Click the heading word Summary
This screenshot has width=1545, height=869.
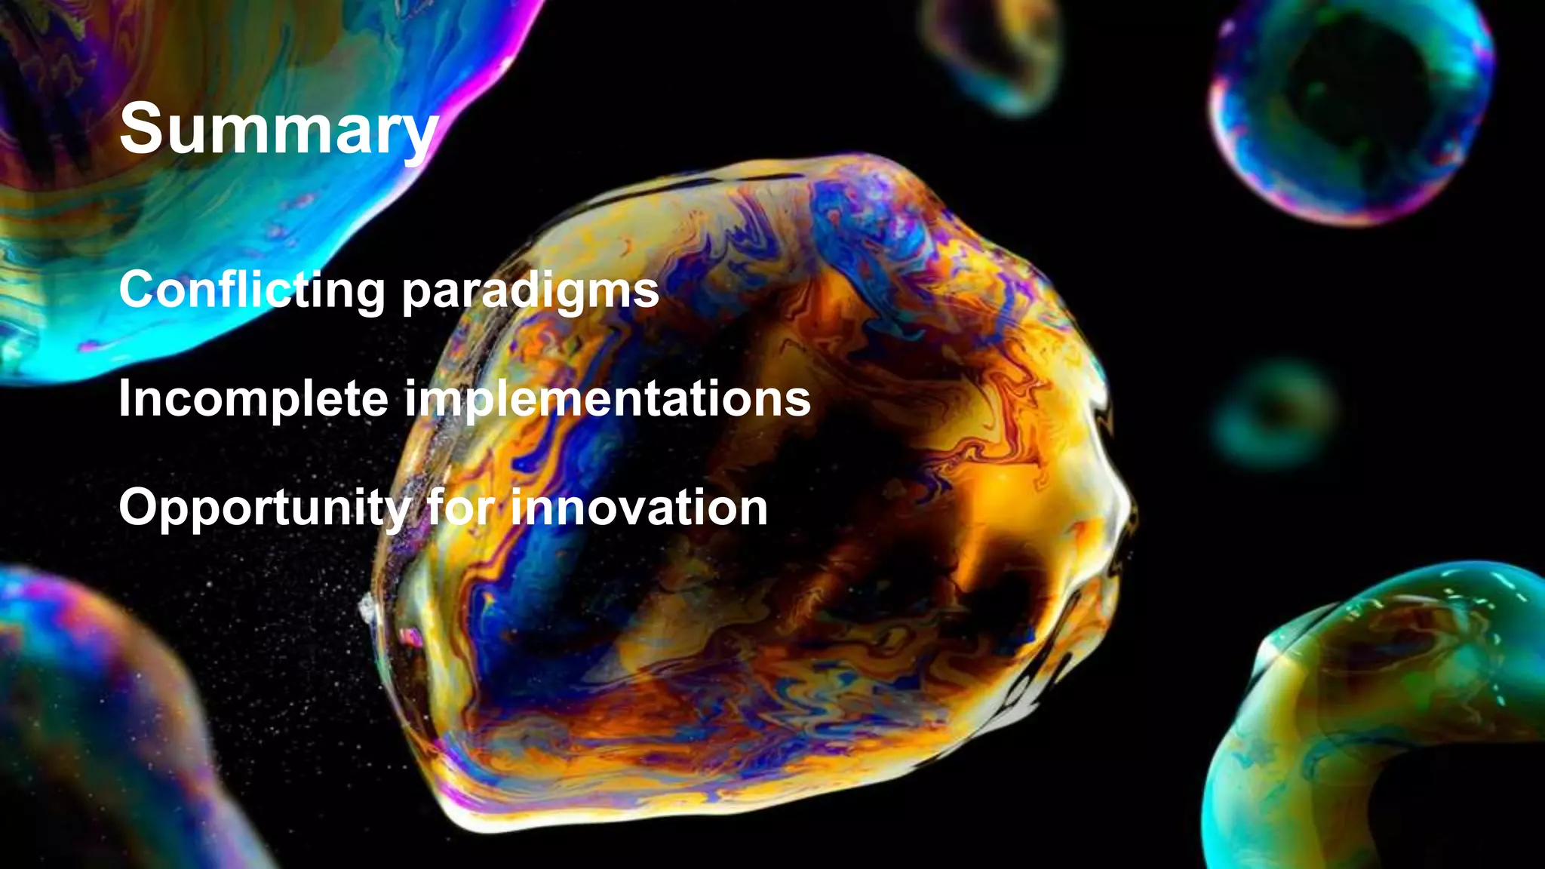(x=278, y=130)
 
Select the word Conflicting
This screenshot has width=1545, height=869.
(x=252, y=290)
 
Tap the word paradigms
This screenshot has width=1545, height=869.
(x=530, y=291)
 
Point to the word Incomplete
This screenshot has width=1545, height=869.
(x=253, y=399)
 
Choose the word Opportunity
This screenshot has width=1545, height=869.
(x=265, y=508)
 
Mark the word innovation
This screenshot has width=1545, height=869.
(x=639, y=507)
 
